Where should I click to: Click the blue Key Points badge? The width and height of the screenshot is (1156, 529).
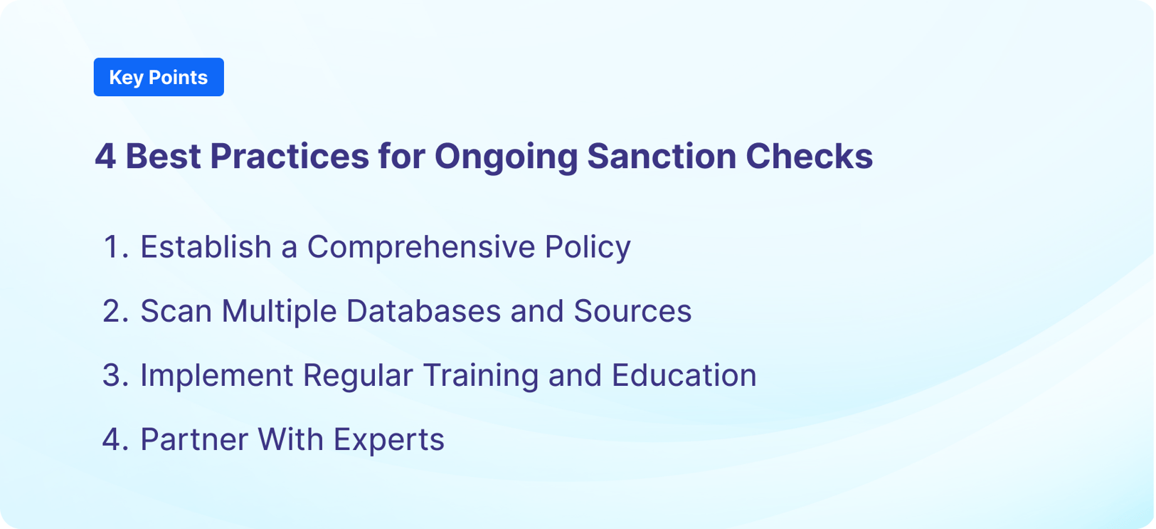[x=159, y=77]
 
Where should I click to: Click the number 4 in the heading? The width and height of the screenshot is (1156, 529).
[x=105, y=157]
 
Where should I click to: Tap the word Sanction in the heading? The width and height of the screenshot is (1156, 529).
[x=661, y=157]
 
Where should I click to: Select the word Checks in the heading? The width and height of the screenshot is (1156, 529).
[x=809, y=157]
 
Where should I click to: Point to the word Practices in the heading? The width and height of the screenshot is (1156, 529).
[x=289, y=157]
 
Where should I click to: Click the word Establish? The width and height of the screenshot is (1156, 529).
[x=206, y=247]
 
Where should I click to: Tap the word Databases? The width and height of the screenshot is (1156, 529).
[x=423, y=311]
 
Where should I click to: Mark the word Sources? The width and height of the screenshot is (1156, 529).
[x=632, y=311]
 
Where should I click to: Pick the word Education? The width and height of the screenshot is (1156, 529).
[x=684, y=375]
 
